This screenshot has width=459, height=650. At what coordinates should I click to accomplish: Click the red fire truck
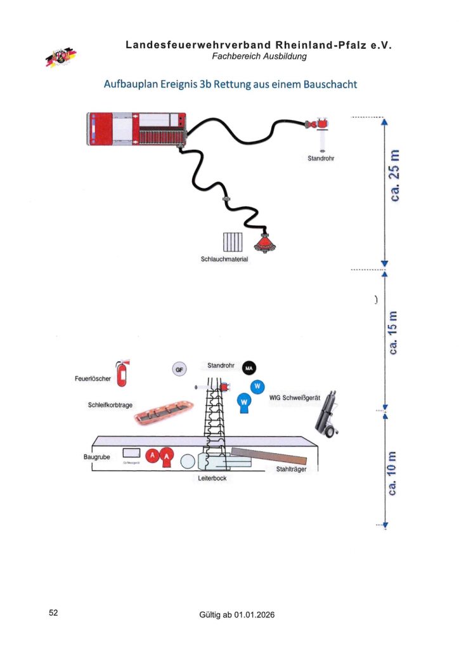pyautogui.click(x=136, y=129)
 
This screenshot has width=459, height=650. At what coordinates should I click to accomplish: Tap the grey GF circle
pyautogui.click(x=179, y=369)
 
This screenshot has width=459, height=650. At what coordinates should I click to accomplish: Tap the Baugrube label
pyautogui.click(x=97, y=457)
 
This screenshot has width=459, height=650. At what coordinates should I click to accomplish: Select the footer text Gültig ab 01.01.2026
pyautogui.click(x=237, y=615)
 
